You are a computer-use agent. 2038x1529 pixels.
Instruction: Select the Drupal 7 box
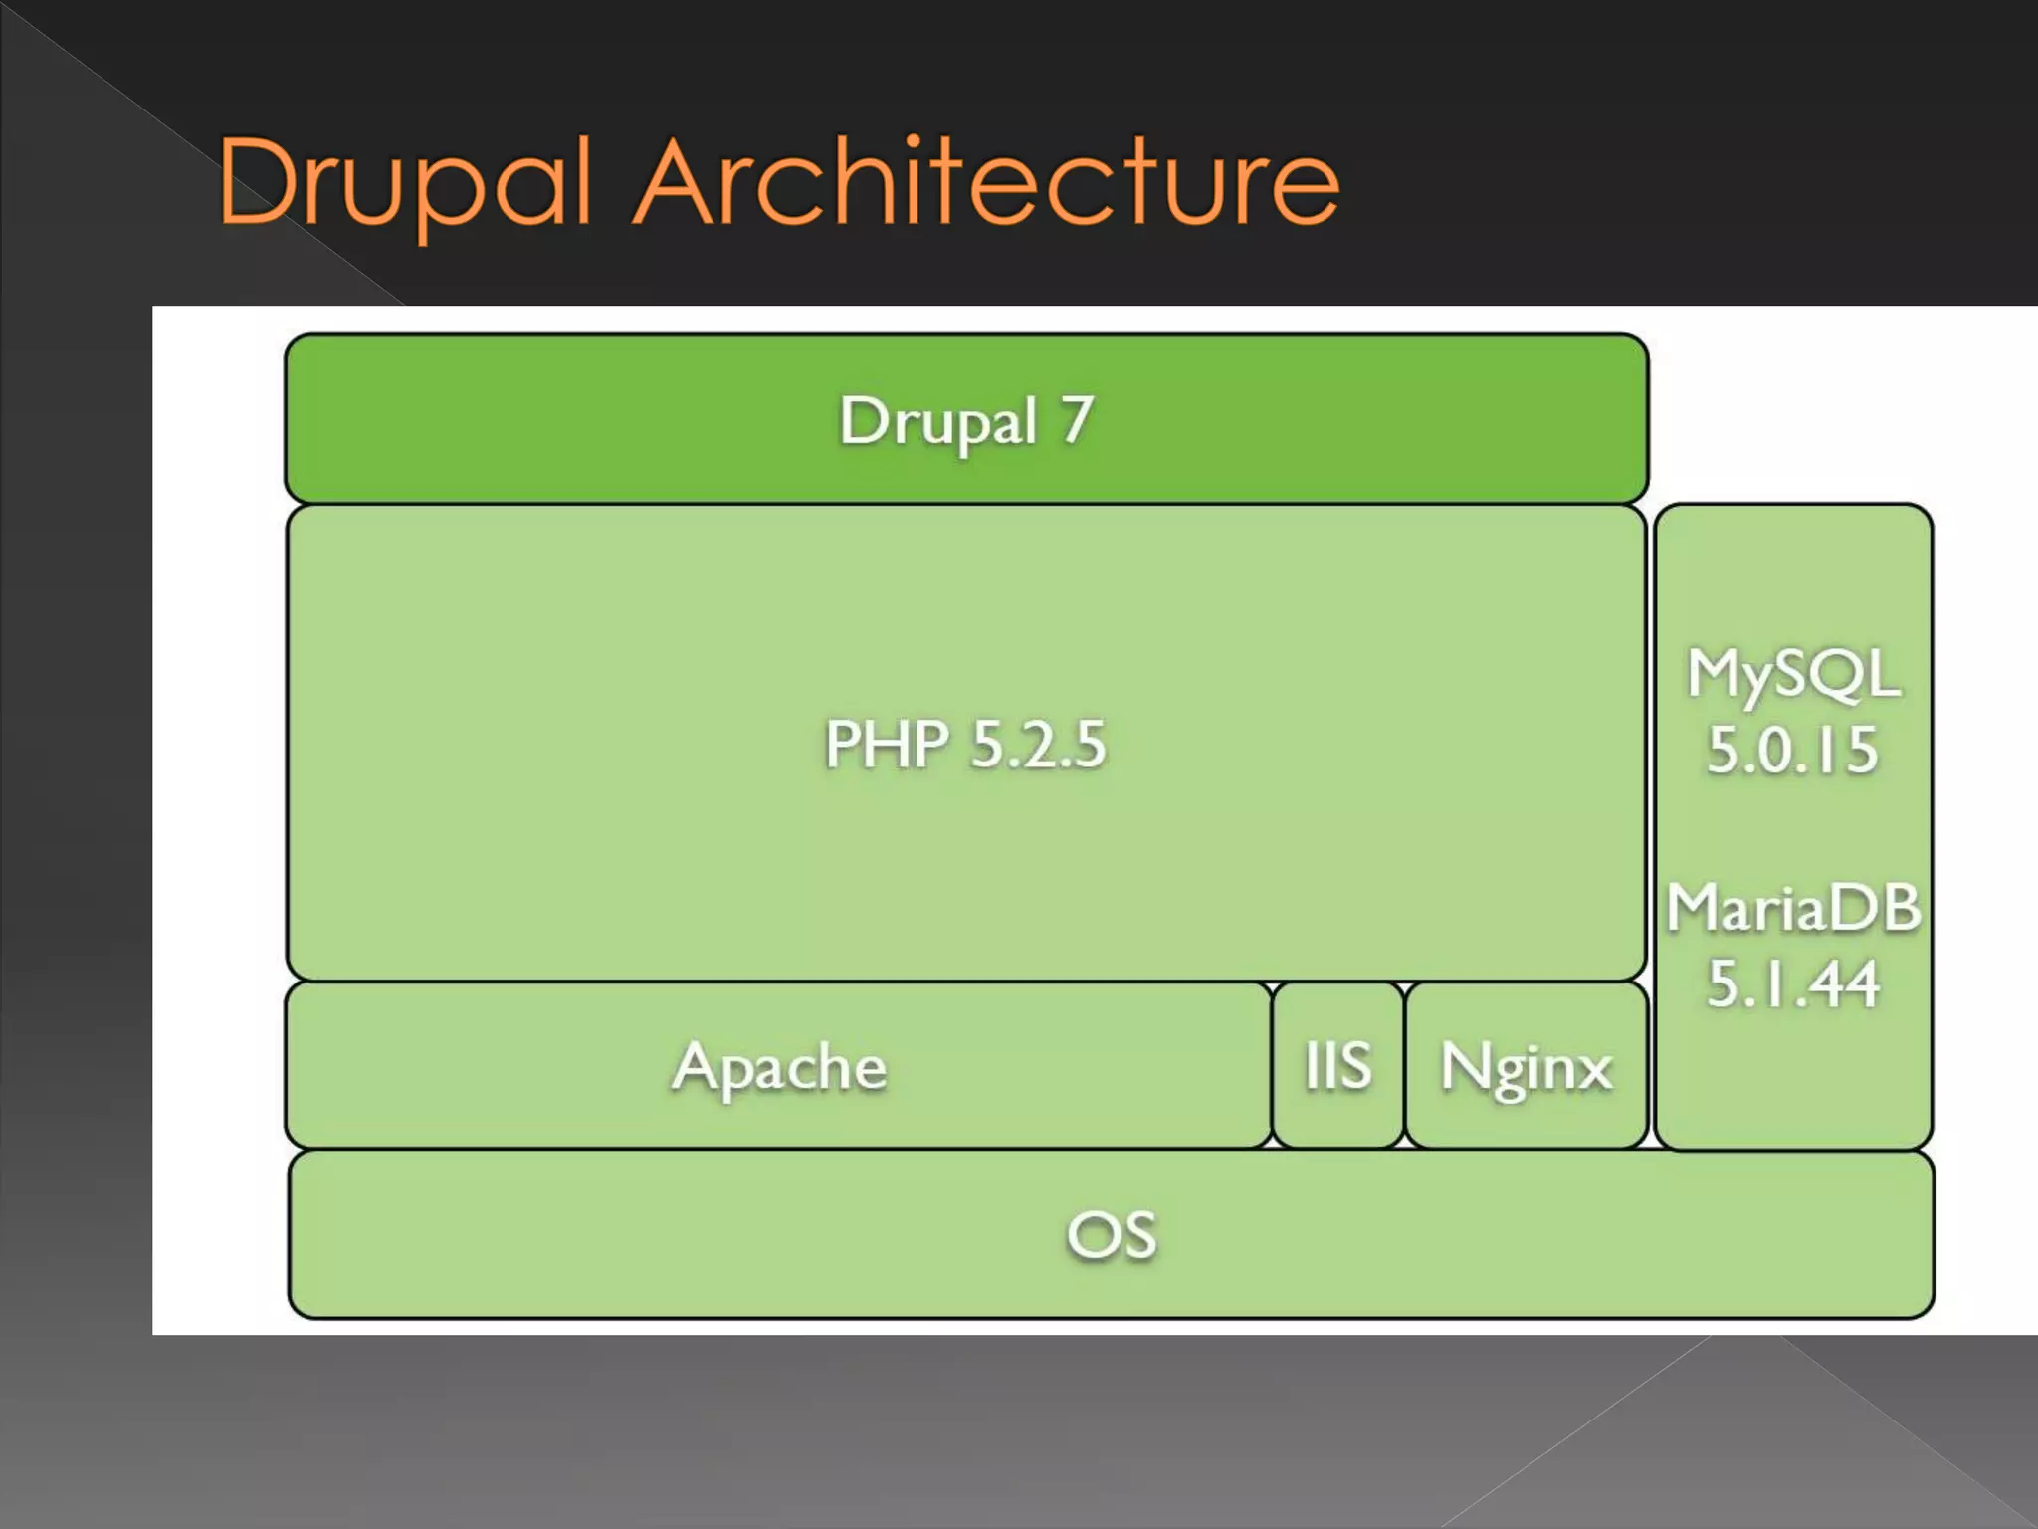(x=965, y=419)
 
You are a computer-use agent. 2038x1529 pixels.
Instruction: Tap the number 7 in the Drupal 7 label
(x=1077, y=419)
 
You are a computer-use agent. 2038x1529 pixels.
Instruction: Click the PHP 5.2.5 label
(x=964, y=744)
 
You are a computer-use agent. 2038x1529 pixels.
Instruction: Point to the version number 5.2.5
(x=1038, y=744)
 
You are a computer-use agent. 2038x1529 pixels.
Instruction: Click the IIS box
(x=1337, y=1065)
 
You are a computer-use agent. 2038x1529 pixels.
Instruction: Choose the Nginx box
(x=1526, y=1065)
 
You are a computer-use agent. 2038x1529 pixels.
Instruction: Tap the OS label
(x=1112, y=1234)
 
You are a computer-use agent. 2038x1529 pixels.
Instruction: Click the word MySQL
(x=1793, y=674)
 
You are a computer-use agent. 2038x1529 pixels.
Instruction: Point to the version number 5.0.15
(x=1793, y=750)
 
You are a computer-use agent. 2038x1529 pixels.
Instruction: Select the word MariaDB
(x=1793, y=908)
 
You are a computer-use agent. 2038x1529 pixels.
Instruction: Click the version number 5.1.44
(x=1793, y=983)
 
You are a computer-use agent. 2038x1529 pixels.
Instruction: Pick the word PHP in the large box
(x=887, y=744)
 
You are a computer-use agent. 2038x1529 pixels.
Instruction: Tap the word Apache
(x=778, y=1067)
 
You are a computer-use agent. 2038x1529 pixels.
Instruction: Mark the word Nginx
(x=1526, y=1067)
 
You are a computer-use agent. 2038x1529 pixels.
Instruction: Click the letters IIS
(x=1337, y=1065)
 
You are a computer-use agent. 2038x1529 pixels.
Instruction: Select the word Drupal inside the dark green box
(x=938, y=421)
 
